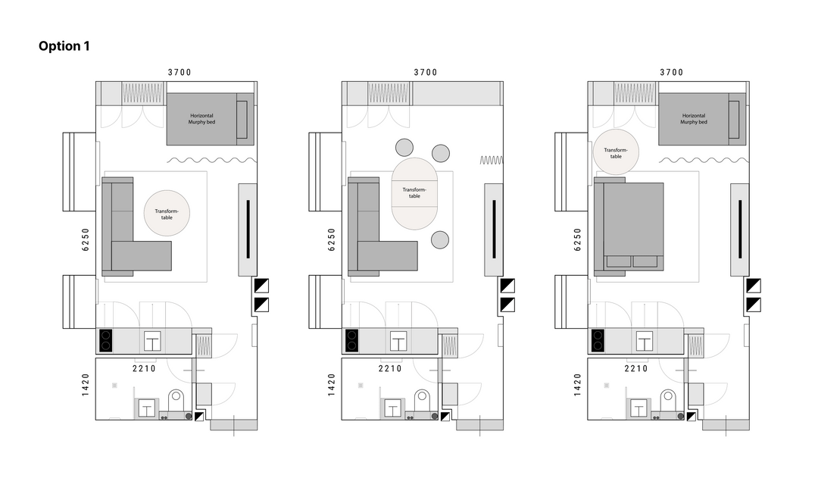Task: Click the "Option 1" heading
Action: (64, 46)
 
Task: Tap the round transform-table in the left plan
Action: (167, 213)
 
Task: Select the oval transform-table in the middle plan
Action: (414, 194)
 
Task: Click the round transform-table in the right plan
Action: (616, 152)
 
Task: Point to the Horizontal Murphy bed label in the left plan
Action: (201, 119)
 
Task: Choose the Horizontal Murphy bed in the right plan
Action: (702, 119)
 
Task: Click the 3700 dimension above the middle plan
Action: (426, 72)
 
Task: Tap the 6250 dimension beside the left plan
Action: (86, 239)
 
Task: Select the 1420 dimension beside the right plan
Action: (577, 385)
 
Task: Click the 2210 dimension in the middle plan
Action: (390, 368)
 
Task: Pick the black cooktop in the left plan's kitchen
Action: (106, 340)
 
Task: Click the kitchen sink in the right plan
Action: (645, 342)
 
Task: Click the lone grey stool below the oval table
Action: (440, 239)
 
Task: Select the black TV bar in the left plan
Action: (248, 230)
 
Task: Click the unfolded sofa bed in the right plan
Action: (629, 227)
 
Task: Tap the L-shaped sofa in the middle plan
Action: (382, 227)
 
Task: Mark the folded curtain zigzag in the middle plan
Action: (491, 161)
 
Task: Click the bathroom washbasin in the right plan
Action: (638, 408)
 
